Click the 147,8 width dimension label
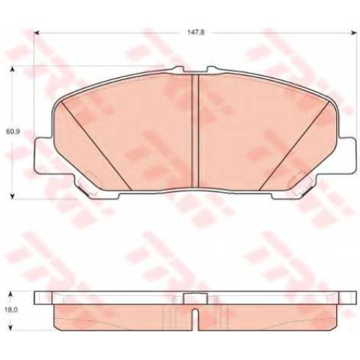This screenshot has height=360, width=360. [x=196, y=32]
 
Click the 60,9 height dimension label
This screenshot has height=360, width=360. [x=13, y=132]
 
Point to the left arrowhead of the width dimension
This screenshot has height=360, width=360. [x=37, y=33]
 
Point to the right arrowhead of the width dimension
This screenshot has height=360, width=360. [x=354, y=33]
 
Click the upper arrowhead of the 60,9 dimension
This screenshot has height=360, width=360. [x=13, y=69]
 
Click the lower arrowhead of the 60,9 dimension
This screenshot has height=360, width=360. [x=13, y=196]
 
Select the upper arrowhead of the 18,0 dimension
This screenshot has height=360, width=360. [x=10, y=294]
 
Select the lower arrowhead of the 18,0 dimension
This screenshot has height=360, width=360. [x=10, y=326]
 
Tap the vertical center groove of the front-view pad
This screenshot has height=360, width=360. [x=195, y=131]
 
